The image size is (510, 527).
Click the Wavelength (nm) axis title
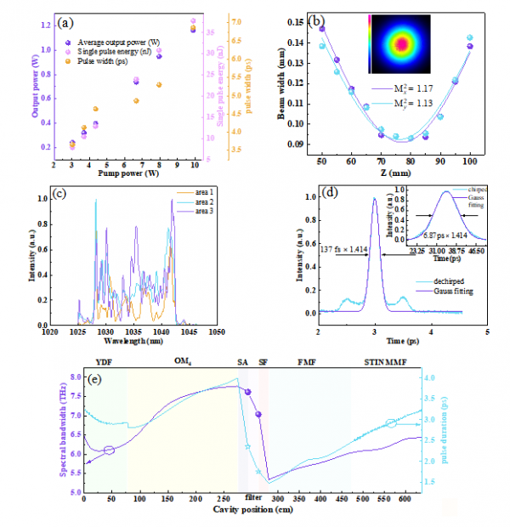[x=128, y=340]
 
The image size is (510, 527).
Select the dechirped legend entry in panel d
[x=442, y=280]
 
